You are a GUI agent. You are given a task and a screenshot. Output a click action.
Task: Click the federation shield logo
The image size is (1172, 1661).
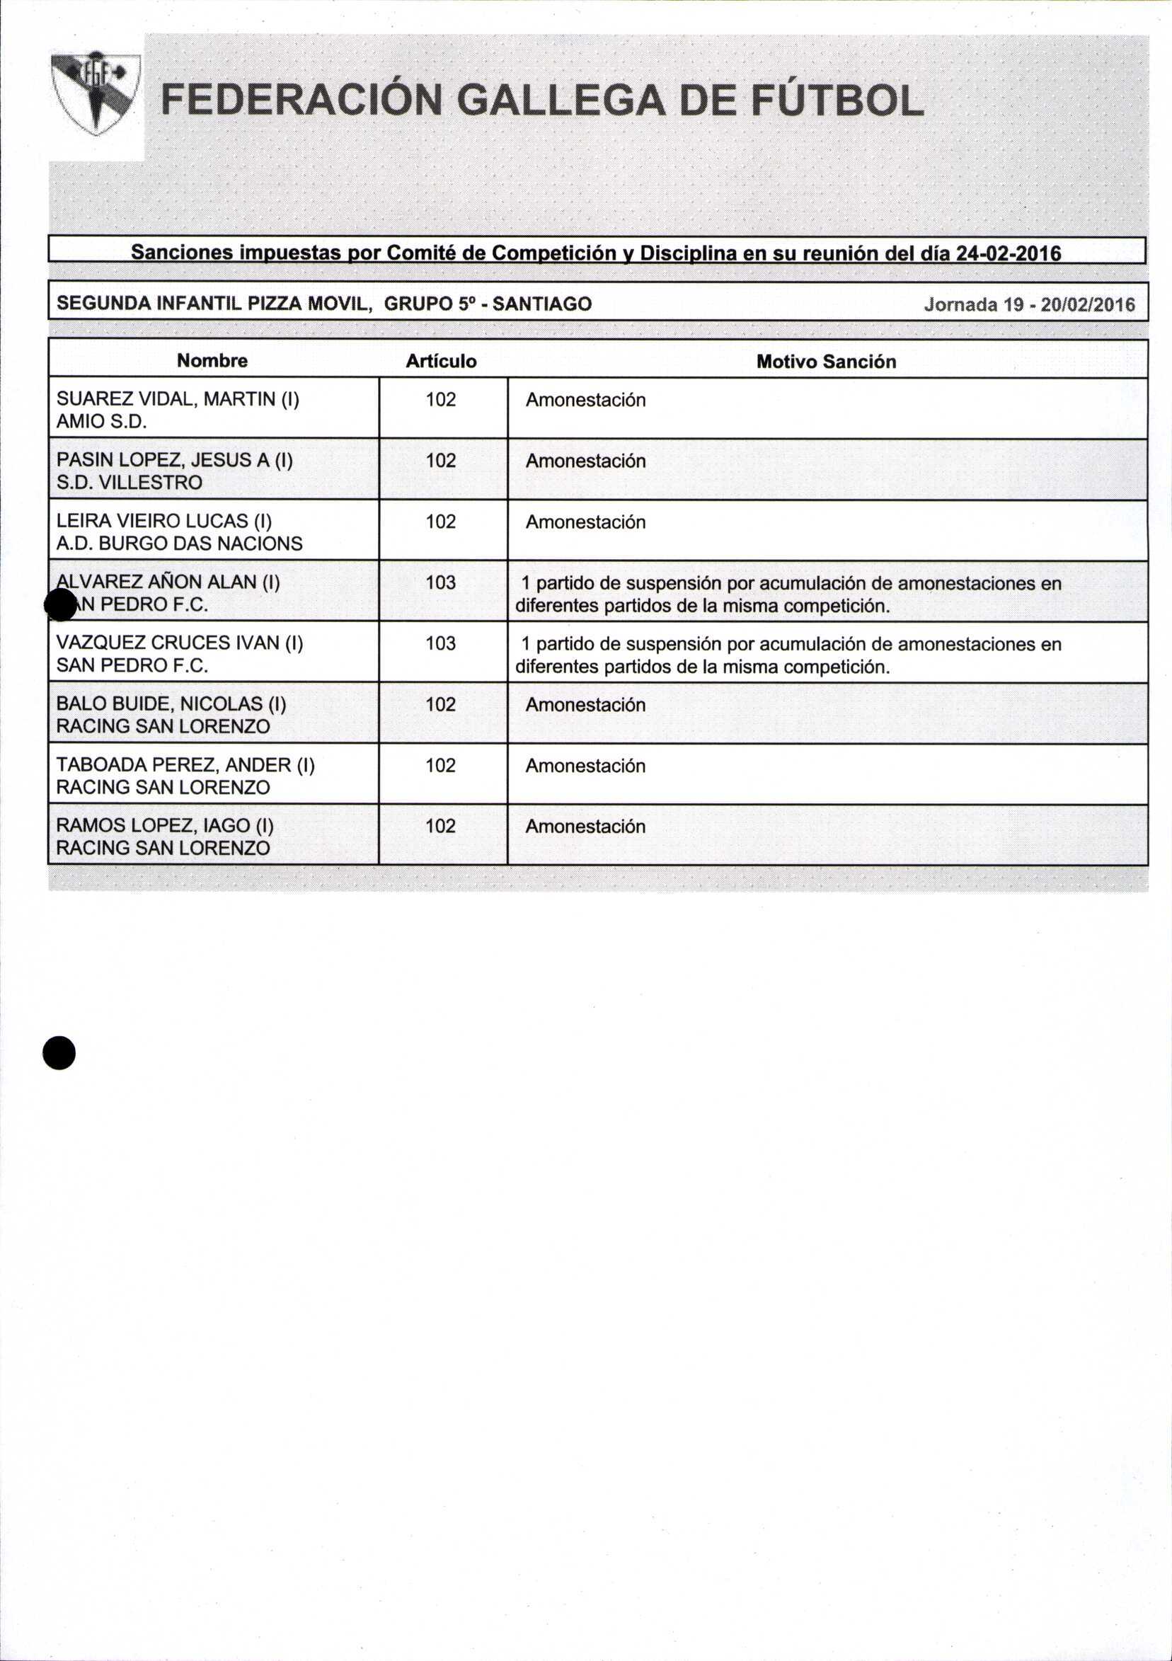[96, 93]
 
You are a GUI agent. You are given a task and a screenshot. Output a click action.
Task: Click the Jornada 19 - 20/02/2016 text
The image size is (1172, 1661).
[1029, 304]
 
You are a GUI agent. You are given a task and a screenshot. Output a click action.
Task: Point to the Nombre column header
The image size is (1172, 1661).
[212, 361]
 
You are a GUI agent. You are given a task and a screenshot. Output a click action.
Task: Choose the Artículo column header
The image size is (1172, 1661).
[441, 361]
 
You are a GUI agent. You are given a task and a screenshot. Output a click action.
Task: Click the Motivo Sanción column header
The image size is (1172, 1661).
[825, 362]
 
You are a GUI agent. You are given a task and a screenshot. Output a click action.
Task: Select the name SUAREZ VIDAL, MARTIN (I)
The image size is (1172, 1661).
[178, 398]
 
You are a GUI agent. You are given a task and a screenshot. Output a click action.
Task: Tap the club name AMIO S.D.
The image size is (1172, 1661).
[102, 422]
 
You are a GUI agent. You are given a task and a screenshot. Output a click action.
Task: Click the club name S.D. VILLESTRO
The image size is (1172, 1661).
[130, 483]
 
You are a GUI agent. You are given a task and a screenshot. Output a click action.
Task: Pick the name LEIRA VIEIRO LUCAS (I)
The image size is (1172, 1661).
[164, 521]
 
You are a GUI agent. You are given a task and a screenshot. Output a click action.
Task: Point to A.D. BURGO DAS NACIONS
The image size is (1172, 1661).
[180, 544]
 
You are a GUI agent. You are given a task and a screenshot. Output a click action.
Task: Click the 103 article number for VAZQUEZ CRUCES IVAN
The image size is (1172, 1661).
[441, 643]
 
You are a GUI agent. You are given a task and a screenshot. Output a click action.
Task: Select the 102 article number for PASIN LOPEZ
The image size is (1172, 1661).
[441, 460]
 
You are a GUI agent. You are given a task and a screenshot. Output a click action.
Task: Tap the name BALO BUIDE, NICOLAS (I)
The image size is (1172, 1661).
[171, 703]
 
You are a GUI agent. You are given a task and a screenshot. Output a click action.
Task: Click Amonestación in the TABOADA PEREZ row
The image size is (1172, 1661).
[585, 766]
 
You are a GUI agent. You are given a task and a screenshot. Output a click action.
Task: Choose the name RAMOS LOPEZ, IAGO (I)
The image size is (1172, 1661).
[165, 825]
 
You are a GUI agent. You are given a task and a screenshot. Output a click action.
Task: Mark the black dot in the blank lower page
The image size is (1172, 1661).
[59, 1052]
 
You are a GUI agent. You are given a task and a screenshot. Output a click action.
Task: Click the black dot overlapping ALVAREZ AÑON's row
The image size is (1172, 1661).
[60, 604]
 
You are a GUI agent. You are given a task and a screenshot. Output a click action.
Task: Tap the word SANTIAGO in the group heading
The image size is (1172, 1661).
[542, 304]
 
